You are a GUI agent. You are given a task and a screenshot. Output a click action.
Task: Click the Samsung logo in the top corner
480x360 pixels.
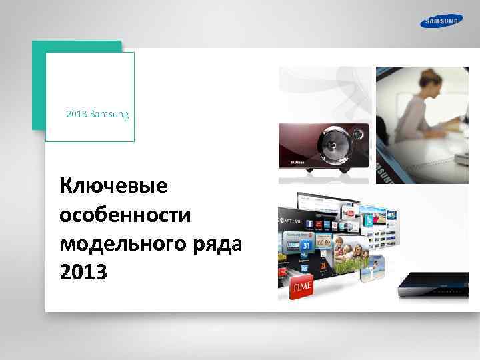tap(440, 22)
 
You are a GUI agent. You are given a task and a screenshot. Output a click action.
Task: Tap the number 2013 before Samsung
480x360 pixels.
tap(77, 115)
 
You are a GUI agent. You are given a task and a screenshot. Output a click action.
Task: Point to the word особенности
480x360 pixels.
tap(125, 215)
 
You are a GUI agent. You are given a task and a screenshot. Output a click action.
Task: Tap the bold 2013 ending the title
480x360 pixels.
tap(83, 272)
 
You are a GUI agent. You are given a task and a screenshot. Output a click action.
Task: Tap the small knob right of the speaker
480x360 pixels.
tap(363, 131)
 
